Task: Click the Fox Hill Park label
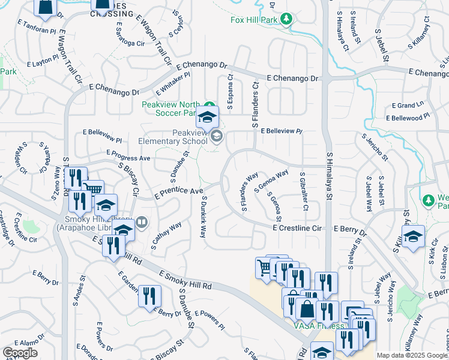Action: pyautogui.click(x=255, y=19)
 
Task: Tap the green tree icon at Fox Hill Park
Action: pyautogui.click(x=287, y=19)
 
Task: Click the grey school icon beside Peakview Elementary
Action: pyautogui.click(x=217, y=137)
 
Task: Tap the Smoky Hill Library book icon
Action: pyautogui.click(x=142, y=223)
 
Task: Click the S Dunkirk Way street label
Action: pyautogui.click(x=204, y=217)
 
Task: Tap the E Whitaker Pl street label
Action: pyautogui.click(x=172, y=84)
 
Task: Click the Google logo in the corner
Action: pyautogui.click(x=20, y=353)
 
